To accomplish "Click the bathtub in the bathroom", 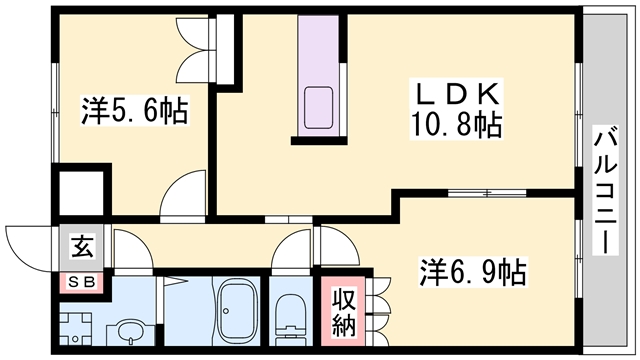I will point(237,311).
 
